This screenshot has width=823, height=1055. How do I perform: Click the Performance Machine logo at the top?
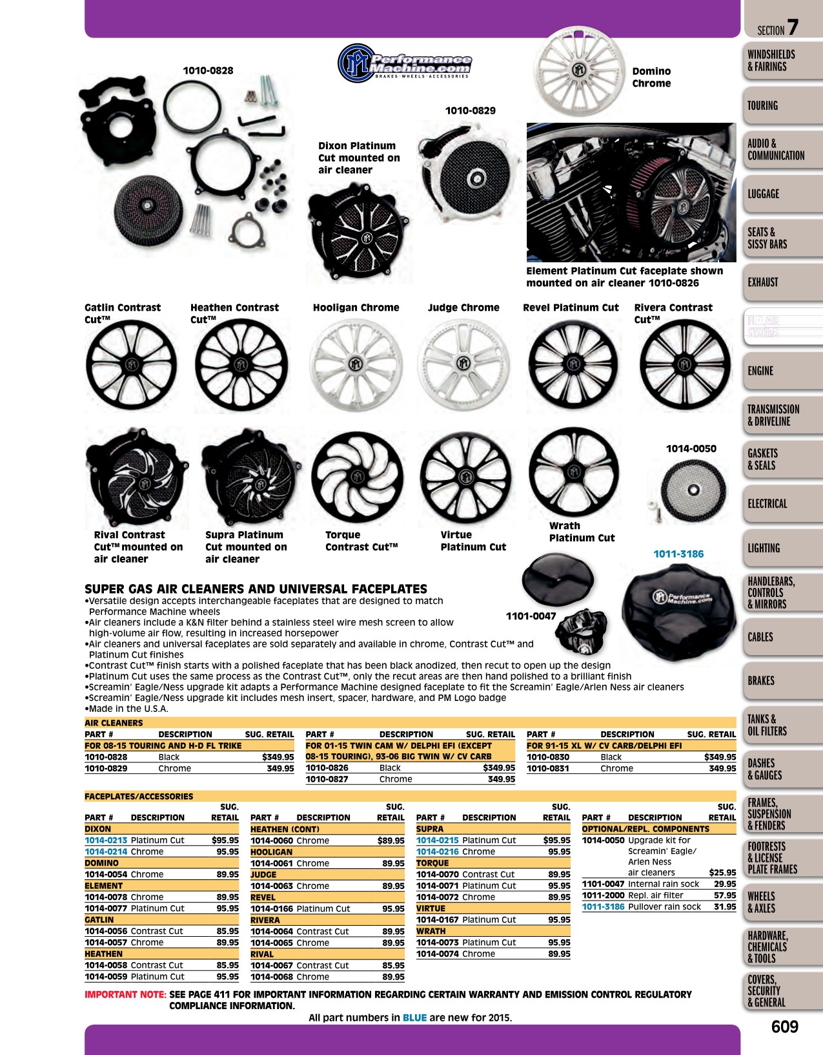[x=405, y=63]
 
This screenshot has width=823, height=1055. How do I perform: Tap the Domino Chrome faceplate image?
[x=579, y=71]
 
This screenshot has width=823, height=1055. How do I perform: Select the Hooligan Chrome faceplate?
[x=356, y=364]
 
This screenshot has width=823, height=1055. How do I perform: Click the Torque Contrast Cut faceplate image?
[x=358, y=477]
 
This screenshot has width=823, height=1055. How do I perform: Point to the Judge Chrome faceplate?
[x=463, y=364]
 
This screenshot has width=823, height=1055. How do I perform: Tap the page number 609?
[x=785, y=1027]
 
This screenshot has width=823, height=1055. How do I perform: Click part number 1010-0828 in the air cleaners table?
[x=106, y=757]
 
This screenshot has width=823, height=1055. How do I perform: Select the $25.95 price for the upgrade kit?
[x=722, y=872]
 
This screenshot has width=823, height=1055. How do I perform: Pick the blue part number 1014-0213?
[x=106, y=840]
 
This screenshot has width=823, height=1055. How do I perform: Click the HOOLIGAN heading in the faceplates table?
[x=271, y=852]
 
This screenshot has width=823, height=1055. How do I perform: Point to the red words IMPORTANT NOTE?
[x=125, y=994]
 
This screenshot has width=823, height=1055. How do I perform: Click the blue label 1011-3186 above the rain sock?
[x=678, y=554]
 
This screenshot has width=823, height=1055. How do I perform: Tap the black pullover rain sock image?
[x=679, y=612]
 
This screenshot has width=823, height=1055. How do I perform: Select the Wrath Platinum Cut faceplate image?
[x=574, y=472]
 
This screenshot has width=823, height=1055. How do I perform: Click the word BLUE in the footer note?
[x=414, y=1018]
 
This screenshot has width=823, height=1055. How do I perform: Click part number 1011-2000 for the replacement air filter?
[x=603, y=895]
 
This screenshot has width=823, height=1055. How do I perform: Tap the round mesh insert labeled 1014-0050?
[x=693, y=490]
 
